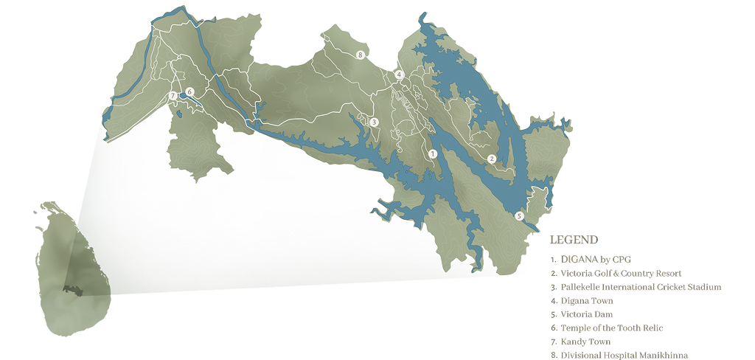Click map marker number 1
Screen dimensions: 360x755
pyautogui.click(x=433, y=153)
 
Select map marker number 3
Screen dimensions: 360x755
pyautogui.click(x=375, y=122)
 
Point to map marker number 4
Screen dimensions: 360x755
pyautogui.click(x=398, y=75)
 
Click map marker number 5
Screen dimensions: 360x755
pyautogui.click(x=519, y=216)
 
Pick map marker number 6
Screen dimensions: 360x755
pyautogui.click(x=189, y=92)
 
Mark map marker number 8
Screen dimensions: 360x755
pyautogui.click(x=360, y=55)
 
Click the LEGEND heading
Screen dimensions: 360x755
pyautogui.click(x=574, y=240)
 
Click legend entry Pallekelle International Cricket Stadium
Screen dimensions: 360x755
pyautogui.click(x=640, y=287)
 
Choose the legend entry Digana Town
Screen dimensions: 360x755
pyautogui.click(x=586, y=301)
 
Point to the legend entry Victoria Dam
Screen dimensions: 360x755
pyautogui.click(x=586, y=314)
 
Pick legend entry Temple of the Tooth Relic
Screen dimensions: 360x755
pyautogui.click(x=611, y=328)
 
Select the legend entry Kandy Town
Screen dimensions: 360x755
pyautogui.click(x=585, y=342)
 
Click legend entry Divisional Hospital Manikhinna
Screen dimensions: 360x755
pyautogui.click(x=624, y=356)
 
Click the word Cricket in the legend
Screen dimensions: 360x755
pyautogui.click(x=667, y=287)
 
